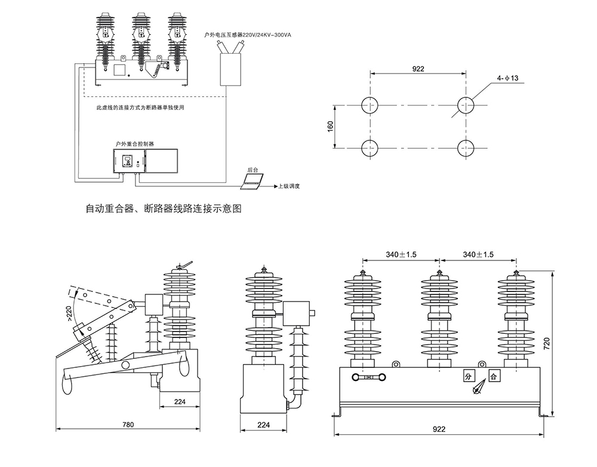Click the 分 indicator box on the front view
[x=468, y=376]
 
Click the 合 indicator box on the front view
[x=494, y=376]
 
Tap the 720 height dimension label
[x=563, y=343]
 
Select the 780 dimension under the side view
[x=129, y=425]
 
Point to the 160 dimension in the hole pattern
[x=331, y=127]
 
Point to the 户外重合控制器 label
[x=135, y=144]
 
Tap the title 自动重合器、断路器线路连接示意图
[x=164, y=210]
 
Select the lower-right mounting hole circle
[x=466, y=147]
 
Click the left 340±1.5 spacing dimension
[x=401, y=254]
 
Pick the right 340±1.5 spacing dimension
[x=478, y=254]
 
